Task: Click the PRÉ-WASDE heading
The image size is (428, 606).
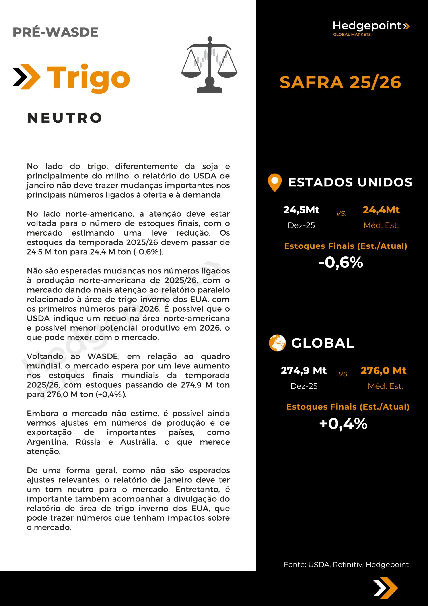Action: point(56,32)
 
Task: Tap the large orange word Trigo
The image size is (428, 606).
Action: point(88,77)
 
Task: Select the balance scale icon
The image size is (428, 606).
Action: point(209,64)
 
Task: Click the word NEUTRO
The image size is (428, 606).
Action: point(65,118)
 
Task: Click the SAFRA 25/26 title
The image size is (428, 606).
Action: point(340,82)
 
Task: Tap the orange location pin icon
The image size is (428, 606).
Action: point(274,182)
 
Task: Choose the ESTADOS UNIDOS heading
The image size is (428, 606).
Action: point(350,182)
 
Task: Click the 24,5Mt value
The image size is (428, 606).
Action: point(301,210)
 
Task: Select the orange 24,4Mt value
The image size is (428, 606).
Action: point(381,210)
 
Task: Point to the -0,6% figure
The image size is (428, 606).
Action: point(341,263)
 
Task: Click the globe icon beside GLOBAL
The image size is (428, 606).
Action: point(277,343)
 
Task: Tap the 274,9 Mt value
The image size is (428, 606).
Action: point(303,370)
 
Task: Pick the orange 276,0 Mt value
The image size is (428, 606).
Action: point(383,370)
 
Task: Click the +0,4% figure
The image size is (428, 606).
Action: point(343,424)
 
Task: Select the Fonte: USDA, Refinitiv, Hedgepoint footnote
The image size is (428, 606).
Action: point(346,564)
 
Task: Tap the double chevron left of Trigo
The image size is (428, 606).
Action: point(26,77)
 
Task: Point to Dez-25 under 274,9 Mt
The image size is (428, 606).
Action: point(304,386)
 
